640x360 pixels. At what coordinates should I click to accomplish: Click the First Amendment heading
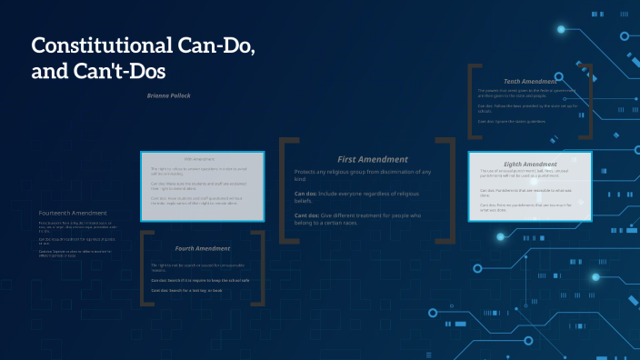(372, 158)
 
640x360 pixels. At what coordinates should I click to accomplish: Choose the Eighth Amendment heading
(531, 164)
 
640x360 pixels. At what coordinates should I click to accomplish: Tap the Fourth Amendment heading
(202, 248)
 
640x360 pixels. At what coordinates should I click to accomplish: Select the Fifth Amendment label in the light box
(202, 159)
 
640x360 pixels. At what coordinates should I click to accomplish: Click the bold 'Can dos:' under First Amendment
(305, 194)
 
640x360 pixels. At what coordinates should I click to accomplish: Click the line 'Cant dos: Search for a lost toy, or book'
(199, 291)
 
